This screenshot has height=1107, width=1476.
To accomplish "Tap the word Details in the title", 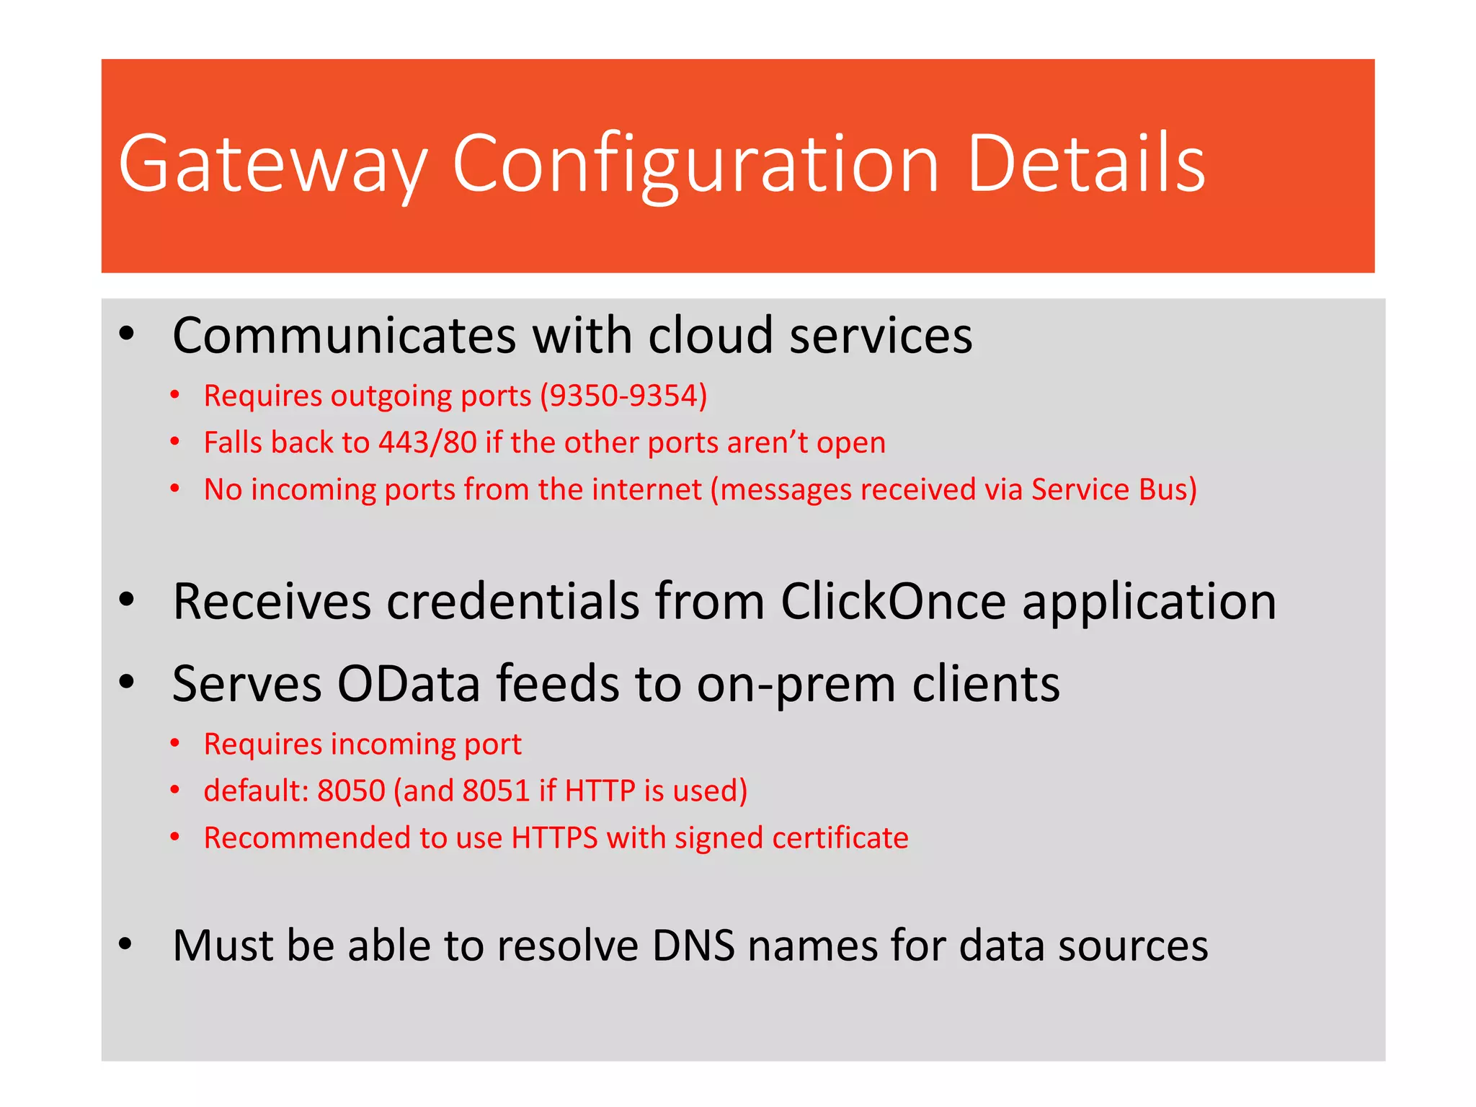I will (x=1086, y=164).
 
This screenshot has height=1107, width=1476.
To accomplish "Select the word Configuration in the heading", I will (x=695, y=164).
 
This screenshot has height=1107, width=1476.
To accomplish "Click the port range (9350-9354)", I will (x=624, y=396).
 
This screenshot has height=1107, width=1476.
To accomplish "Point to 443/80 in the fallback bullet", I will (x=427, y=443).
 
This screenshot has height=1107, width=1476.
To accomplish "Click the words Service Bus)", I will (x=1113, y=489).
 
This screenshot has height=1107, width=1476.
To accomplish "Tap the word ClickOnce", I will (x=894, y=601).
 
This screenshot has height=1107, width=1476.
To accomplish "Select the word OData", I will (x=409, y=683).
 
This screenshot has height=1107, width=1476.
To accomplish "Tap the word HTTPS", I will (x=554, y=837).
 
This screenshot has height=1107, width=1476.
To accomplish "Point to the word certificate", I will (x=840, y=837).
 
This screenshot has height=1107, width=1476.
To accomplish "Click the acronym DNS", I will (x=693, y=946).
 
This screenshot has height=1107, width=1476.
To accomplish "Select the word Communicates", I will (x=344, y=336).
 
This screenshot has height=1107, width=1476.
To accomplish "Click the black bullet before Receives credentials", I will (x=127, y=600).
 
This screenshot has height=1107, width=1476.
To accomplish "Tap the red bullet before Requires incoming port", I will (x=174, y=744).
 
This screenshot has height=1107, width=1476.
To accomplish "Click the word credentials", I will (x=513, y=601).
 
